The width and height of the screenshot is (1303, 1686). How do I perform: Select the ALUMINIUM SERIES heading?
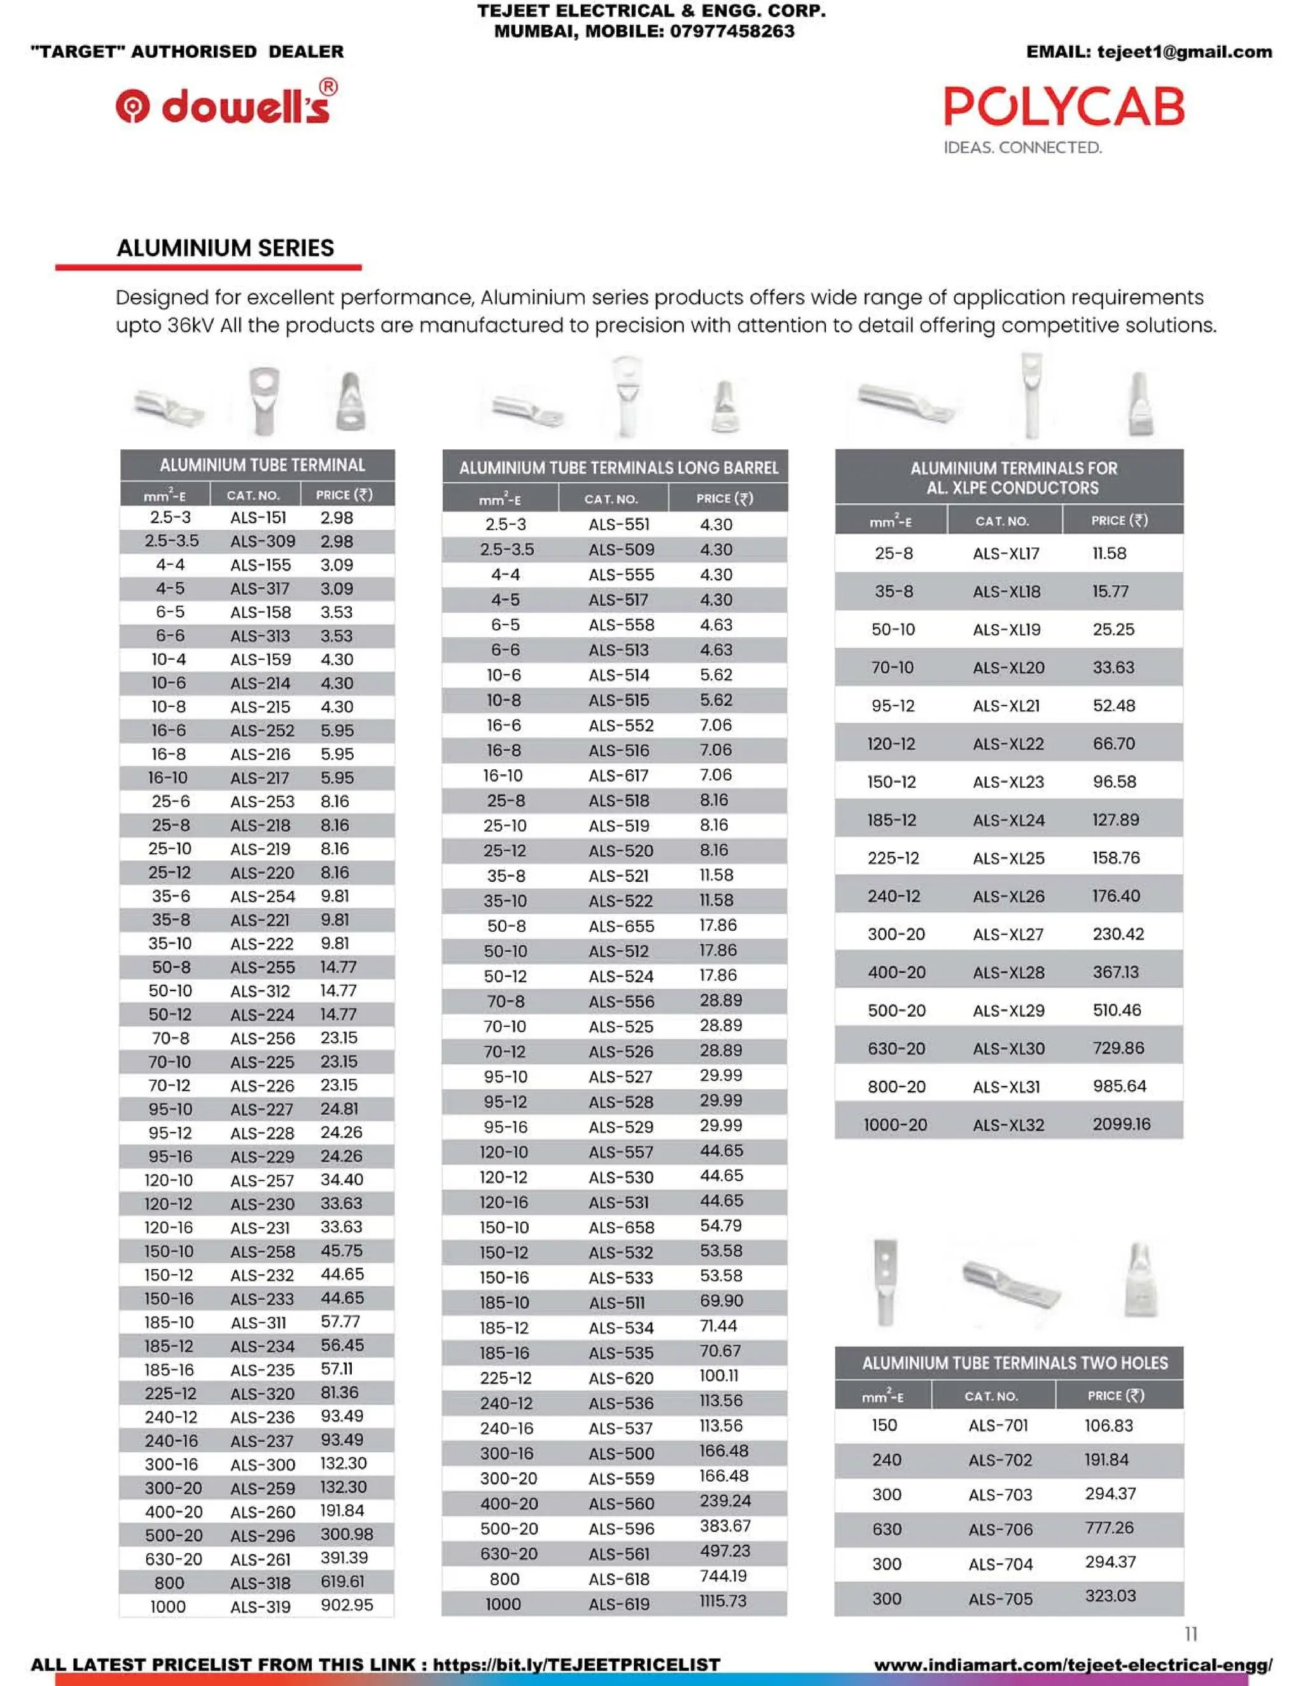(225, 247)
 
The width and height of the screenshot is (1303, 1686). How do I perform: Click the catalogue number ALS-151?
(258, 517)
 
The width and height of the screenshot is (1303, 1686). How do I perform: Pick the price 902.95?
(347, 1605)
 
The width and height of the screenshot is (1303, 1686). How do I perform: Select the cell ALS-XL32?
(1008, 1125)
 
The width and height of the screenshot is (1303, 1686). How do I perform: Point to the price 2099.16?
(1121, 1124)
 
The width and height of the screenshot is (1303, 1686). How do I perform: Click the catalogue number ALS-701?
(998, 1425)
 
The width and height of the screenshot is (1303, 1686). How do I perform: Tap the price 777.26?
(1109, 1528)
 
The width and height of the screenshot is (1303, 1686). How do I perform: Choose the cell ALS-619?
(619, 1604)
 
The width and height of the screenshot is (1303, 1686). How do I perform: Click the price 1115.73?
(723, 1601)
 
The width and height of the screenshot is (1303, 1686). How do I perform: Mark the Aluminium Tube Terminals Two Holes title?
(1014, 1363)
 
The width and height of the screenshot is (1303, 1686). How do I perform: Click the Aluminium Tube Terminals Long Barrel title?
(618, 468)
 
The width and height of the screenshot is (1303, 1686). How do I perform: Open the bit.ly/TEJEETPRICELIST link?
(576, 1664)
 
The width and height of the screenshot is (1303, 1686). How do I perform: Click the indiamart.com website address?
(1073, 1665)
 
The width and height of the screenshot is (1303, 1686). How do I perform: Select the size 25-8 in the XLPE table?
(894, 554)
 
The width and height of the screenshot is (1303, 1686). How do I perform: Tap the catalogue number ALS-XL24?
(1008, 820)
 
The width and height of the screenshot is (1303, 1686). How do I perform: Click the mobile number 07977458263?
(732, 32)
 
